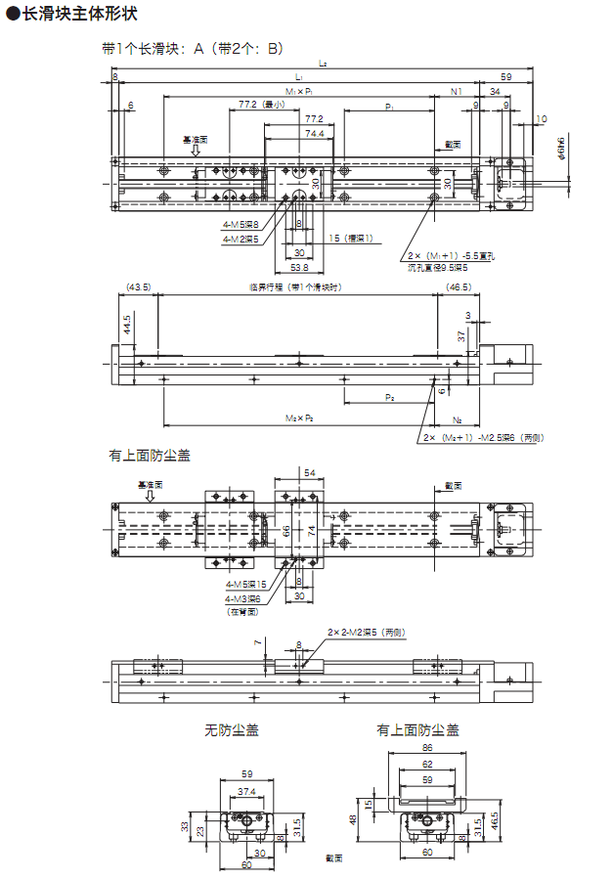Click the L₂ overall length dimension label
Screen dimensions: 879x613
click(x=323, y=65)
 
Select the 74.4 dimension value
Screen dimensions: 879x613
click(x=314, y=134)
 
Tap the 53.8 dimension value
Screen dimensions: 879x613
click(x=299, y=267)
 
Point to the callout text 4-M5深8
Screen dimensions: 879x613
click(x=241, y=224)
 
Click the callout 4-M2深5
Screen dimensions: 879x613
click(x=241, y=238)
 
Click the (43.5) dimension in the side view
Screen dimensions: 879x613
click(x=138, y=286)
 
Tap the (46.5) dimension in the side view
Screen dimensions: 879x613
click(x=459, y=286)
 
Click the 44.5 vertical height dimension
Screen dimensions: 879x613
click(x=127, y=324)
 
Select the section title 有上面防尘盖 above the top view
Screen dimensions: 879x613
click(x=150, y=456)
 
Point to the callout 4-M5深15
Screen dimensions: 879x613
click(x=244, y=584)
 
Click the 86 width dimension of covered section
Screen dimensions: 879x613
click(x=426, y=746)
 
